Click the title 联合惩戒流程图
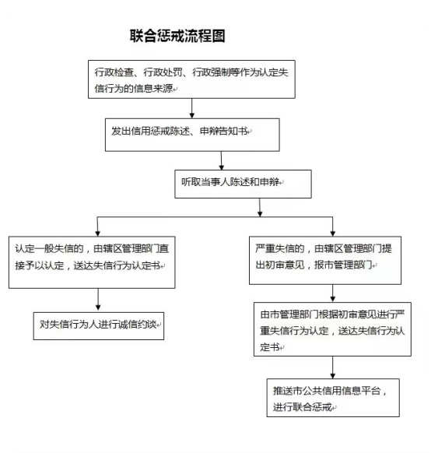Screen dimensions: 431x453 point(177,36)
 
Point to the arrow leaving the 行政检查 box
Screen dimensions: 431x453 point(192,108)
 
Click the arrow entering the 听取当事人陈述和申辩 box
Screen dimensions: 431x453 point(222,160)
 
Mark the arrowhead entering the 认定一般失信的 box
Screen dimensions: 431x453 point(97,234)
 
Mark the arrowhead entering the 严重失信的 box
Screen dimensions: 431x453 point(332,234)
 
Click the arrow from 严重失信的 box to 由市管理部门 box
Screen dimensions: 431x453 point(332,293)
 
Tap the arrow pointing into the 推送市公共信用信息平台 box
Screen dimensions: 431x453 point(332,367)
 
